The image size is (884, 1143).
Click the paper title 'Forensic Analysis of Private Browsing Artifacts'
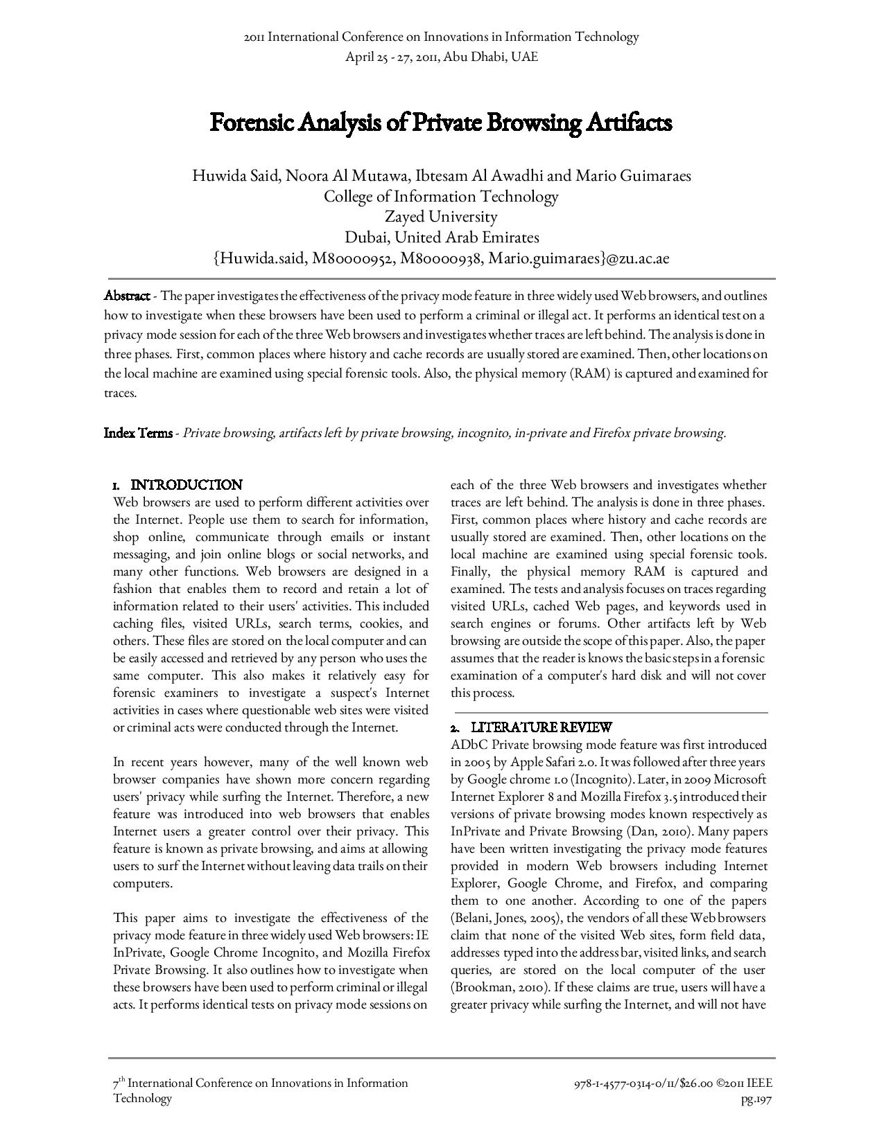coord(441,123)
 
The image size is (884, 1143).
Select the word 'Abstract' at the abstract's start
coord(127,296)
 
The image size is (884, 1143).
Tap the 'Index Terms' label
coord(138,434)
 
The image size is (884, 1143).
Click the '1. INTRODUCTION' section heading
coord(178,485)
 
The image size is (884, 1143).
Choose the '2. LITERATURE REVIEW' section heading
coord(532,727)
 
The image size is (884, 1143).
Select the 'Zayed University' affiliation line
coord(441,217)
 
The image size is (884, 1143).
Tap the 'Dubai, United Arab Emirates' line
coord(442,238)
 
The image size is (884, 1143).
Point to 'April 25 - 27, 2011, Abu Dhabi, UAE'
coord(442,57)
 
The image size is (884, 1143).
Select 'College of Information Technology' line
coord(441,197)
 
